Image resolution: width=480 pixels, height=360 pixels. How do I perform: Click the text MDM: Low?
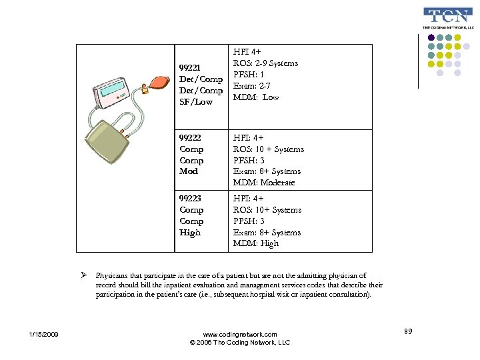click(x=256, y=97)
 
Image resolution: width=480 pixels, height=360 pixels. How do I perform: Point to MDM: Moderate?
click(x=263, y=183)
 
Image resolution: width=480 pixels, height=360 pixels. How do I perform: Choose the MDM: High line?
click(x=256, y=243)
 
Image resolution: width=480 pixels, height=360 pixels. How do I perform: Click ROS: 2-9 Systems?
click(x=265, y=63)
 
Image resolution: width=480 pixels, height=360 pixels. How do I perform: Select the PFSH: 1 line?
click(x=249, y=75)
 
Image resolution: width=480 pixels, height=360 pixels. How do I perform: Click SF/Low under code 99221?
click(x=196, y=102)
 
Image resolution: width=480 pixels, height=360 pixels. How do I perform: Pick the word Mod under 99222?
click(x=189, y=171)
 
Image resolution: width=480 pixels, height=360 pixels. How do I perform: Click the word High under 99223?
click(x=190, y=233)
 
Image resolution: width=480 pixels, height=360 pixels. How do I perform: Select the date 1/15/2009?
click(x=43, y=334)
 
